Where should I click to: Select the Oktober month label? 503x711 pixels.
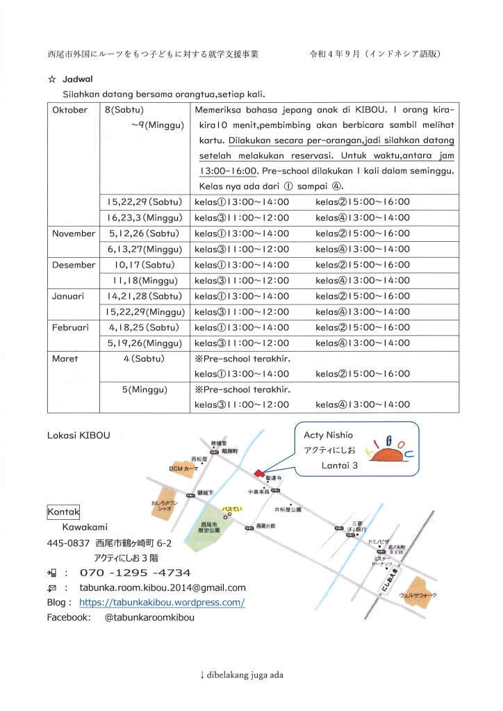coord(70,110)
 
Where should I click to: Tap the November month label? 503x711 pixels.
coord(74,234)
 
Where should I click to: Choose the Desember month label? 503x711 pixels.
coord(74,265)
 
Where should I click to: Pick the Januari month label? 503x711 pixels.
coord(68,296)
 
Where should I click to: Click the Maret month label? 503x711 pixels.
coord(65,359)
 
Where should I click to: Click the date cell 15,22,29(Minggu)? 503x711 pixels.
coord(143,311)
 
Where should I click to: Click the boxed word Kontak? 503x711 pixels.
coord(63,512)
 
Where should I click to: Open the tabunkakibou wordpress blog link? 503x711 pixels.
coord(162,603)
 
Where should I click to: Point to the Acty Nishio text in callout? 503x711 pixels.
coord(329,434)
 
